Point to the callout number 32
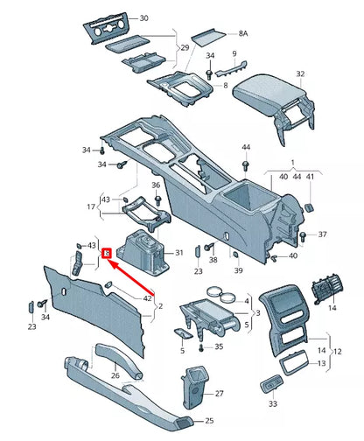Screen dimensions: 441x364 click(299, 73)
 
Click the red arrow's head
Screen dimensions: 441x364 click(108, 253)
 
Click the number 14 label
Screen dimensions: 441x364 click(332, 308)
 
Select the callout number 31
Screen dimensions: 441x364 click(179, 253)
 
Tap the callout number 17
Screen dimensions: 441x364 click(90, 207)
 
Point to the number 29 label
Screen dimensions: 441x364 click(185, 49)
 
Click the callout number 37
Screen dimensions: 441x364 click(323, 234)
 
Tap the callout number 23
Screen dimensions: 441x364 click(32, 326)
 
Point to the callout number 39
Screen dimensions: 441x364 click(236, 271)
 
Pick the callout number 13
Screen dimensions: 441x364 click(322, 362)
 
